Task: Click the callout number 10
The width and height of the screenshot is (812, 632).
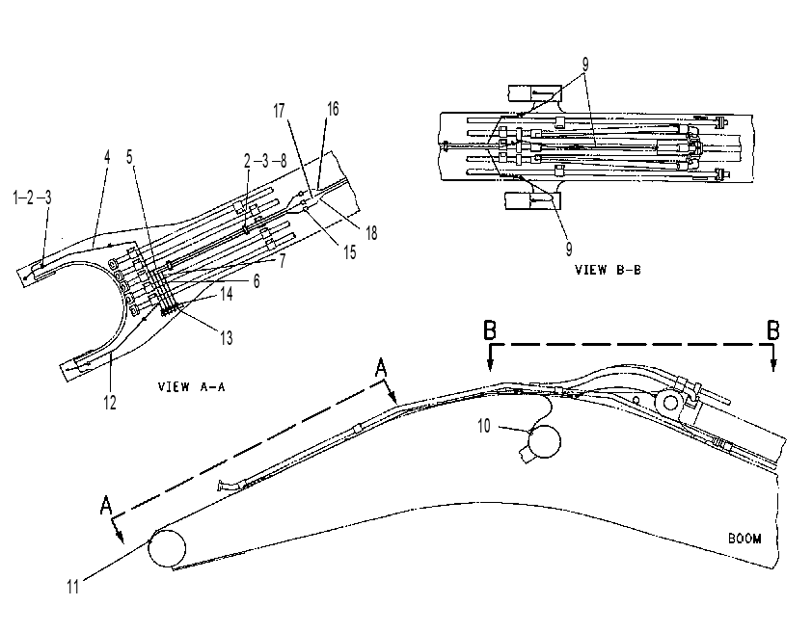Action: [x=484, y=426]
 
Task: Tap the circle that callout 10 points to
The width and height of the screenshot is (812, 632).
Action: [x=543, y=441]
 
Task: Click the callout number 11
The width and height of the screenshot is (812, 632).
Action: [x=73, y=587]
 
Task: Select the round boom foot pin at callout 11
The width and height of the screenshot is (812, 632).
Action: [x=167, y=548]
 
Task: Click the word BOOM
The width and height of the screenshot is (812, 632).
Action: [x=744, y=539]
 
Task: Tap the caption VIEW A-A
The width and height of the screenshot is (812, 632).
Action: [x=192, y=386]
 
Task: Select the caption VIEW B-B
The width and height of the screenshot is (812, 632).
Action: [x=608, y=270]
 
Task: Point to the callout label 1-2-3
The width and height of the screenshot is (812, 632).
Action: [x=32, y=197]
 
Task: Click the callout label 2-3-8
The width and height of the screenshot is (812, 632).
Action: [x=265, y=161]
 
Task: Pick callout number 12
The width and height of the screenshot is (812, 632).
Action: [x=110, y=402]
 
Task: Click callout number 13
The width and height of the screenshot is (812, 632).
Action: [x=227, y=338]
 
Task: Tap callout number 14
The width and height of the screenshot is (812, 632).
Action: [x=227, y=294]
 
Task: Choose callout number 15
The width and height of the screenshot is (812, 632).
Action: [x=350, y=252]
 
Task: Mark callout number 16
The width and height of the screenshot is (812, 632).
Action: [x=333, y=109]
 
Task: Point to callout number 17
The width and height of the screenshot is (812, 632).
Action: [x=279, y=111]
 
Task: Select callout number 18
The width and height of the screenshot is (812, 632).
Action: [x=371, y=233]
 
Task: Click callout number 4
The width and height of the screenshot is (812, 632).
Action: [x=107, y=157]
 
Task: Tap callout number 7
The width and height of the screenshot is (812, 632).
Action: [x=283, y=261]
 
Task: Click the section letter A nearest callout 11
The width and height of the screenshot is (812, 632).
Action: [x=106, y=505]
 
